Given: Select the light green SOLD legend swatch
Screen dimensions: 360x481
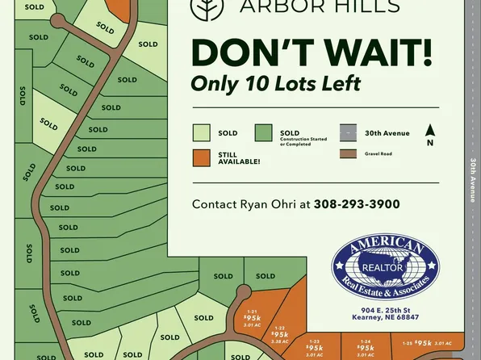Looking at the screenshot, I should point(202,133).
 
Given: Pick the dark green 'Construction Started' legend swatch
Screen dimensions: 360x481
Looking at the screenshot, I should point(263,133).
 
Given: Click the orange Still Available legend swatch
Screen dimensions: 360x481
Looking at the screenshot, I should point(202,157).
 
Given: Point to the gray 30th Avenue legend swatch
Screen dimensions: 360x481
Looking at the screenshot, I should point(348,133).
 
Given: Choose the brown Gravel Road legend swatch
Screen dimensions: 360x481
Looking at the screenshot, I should point(348,153).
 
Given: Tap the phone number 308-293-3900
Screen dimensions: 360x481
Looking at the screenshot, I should point(356,204).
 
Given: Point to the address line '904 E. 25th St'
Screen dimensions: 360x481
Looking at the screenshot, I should point(386,311).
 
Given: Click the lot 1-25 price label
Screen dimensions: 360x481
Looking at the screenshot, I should point(424,343).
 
